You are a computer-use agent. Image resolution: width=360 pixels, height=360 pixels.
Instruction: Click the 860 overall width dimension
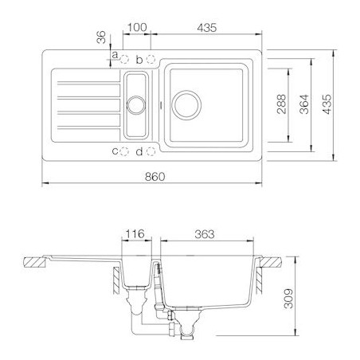coord(155,177)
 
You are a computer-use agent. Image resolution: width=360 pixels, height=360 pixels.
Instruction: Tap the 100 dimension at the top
coord(137,27)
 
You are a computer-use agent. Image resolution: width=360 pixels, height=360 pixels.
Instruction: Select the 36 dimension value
coord(101,37)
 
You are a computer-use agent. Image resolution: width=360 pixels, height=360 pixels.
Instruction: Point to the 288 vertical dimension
coord(281,104)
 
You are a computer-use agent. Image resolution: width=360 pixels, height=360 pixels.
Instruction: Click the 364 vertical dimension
coord(304,104)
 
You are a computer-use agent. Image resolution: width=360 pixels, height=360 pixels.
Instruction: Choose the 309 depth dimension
coord(288,299)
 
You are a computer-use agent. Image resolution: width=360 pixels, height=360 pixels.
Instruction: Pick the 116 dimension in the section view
coord(135,234)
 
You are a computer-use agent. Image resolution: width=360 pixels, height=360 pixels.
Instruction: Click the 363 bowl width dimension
coord(205,234)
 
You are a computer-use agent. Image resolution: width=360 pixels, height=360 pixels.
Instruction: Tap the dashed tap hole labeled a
coord(124,60)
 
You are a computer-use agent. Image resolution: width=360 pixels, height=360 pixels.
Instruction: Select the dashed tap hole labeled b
coord(151,59)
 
